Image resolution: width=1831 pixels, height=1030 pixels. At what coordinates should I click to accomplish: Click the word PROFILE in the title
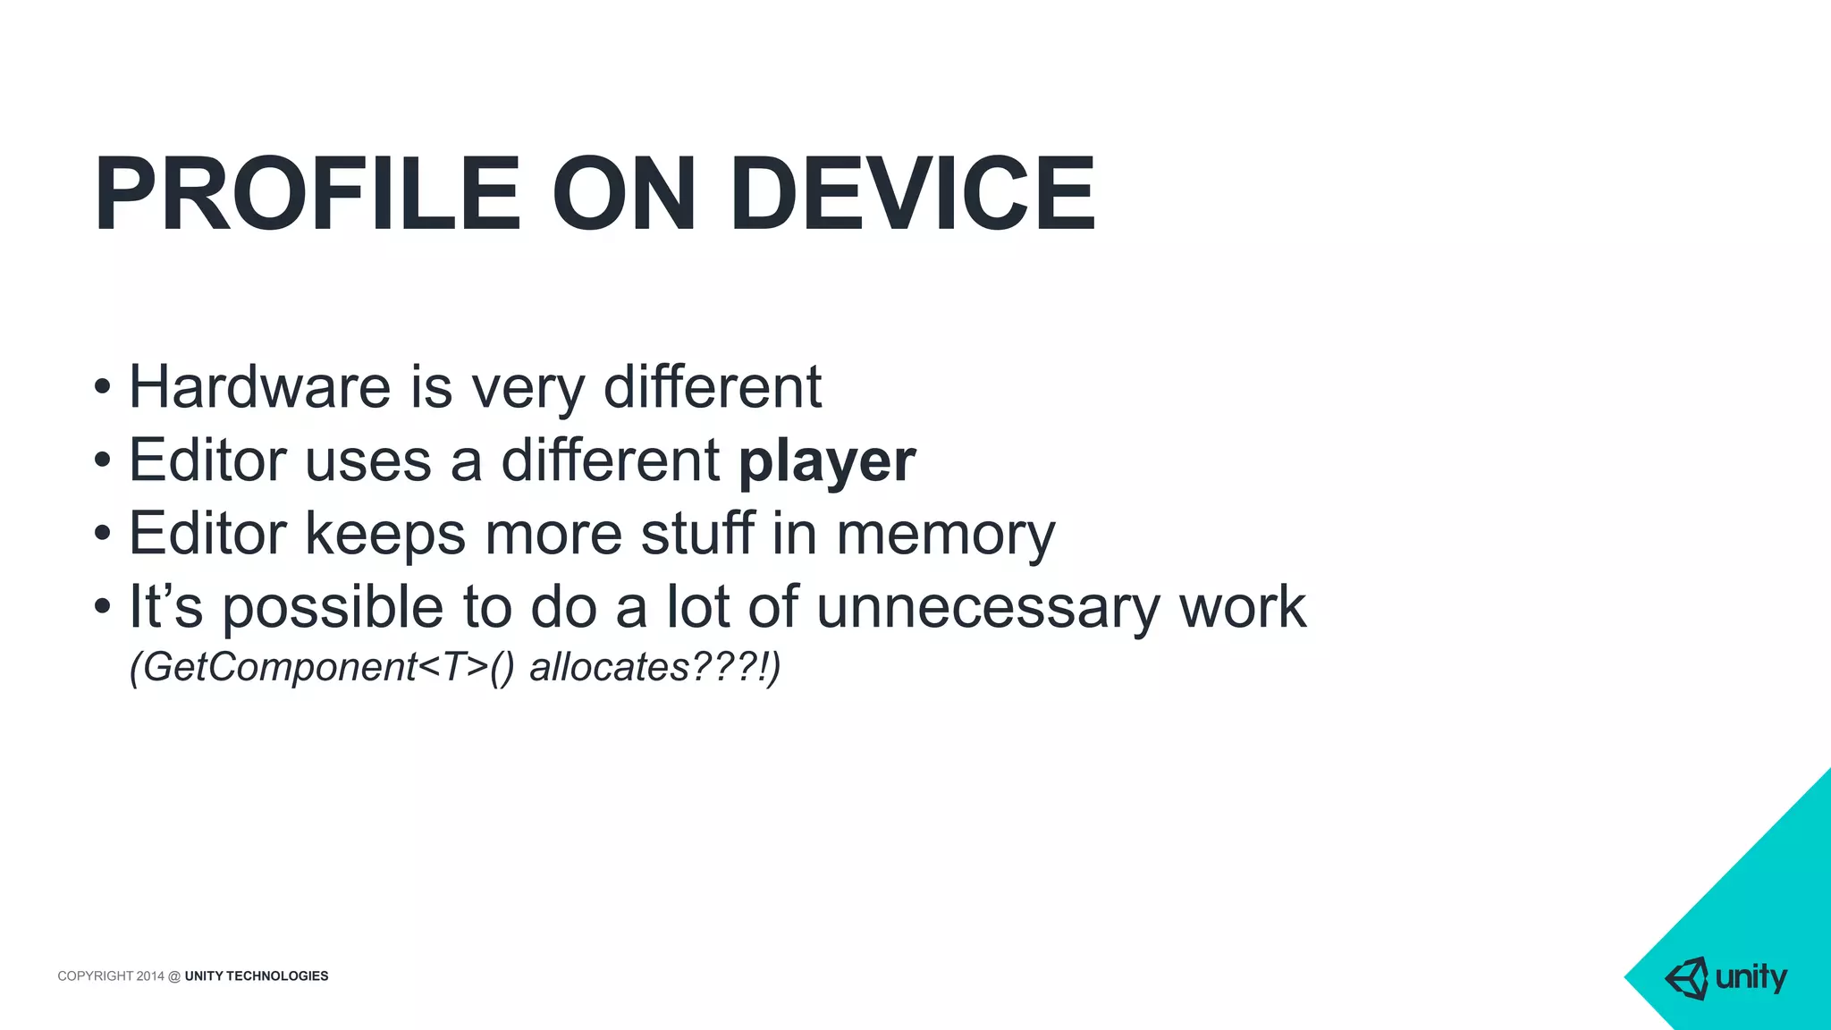307,194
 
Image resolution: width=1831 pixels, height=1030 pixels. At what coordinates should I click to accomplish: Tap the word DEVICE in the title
912,194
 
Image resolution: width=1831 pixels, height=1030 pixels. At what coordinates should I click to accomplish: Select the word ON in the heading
623,194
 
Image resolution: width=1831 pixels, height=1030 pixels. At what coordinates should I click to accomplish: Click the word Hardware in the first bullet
259,387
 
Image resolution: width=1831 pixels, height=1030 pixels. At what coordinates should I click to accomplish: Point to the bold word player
827,461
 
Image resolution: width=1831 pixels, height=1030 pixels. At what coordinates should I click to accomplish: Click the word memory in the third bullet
945,535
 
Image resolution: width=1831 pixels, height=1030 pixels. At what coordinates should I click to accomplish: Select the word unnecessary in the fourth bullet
987,607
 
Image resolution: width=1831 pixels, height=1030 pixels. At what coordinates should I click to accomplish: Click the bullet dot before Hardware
102,388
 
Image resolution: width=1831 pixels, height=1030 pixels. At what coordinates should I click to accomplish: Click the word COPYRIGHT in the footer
95,975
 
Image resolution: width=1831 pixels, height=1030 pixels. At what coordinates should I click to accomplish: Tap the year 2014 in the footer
150,975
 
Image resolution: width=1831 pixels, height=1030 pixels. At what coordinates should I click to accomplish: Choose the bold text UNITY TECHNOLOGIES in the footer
257,975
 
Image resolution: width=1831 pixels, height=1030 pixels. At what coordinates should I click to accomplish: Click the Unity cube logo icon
1686,978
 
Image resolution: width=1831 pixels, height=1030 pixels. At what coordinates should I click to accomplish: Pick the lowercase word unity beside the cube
1751,977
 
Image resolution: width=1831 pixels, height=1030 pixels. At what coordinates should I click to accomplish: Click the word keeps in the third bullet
385,534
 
